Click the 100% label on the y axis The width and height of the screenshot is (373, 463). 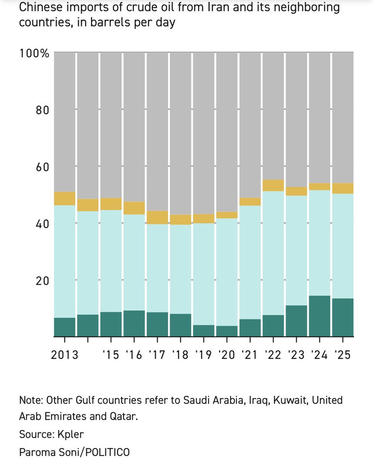[x=34, y=53]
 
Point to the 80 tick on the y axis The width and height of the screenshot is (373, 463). [x=41, y=110]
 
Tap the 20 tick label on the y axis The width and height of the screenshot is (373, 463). [x=41, y=281]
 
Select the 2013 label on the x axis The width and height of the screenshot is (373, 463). [x=65, y=354]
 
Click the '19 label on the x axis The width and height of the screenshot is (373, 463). [x=203, y=354]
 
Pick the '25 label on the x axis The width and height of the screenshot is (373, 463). [x=342, y=354]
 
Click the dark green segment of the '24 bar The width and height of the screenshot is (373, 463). [x=319, y=316]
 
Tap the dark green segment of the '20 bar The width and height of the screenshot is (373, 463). [x=226, y=331]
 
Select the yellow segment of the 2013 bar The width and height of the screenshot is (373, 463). [x=65, y=199]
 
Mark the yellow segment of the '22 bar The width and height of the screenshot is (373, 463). [x=273, y=185]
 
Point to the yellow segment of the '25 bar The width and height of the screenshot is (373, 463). [x=342, y=188]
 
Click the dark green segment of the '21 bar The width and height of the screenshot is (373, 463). [x=250, y=328]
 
